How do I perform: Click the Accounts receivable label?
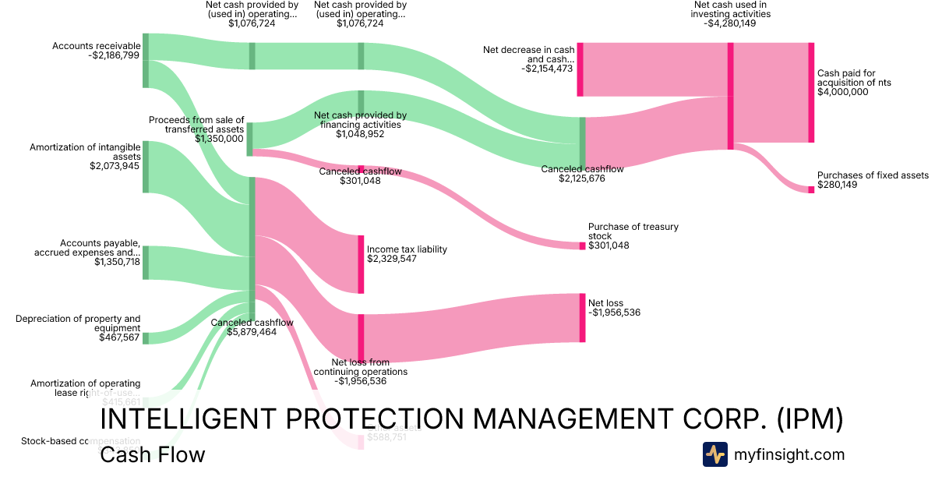pos(96,46)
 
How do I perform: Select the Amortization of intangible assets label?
pos(85,151)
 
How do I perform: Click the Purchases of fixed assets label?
pos(873,175)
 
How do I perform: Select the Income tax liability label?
pos(407,249)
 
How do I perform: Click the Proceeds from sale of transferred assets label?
pos(196,125)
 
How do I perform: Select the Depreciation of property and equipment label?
pos(78,323)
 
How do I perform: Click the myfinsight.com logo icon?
pos(714,454)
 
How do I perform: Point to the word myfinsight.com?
pos(789,454)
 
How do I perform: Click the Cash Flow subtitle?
pos(153,454)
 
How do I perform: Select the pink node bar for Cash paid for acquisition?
pos(811,93)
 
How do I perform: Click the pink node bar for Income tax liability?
pos(361,264)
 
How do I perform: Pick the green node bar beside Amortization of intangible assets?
pos(146,167)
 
